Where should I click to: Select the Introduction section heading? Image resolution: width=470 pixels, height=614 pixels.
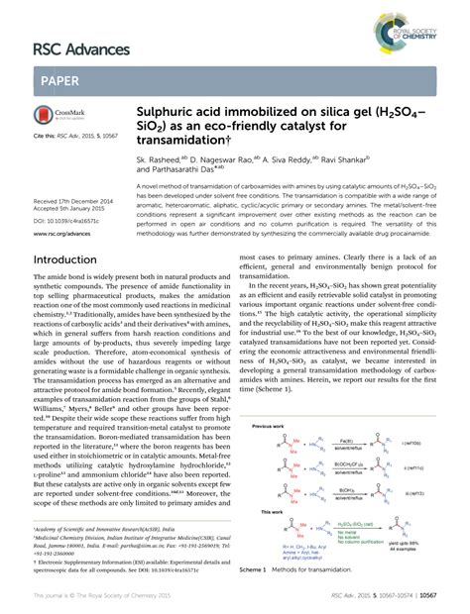pos(74,260)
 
